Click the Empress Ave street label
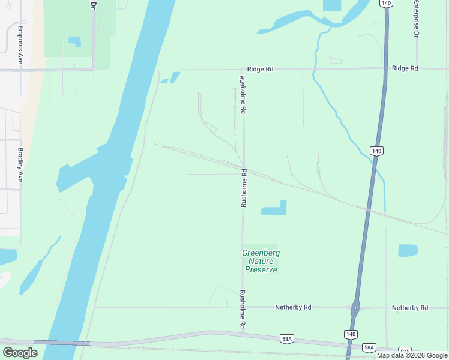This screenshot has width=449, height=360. tap(20, 45)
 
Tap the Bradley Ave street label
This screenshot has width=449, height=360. tap(20, 164)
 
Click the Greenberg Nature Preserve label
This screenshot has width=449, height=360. tap(261, 262)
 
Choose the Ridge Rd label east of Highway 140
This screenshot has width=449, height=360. tap(405, 68)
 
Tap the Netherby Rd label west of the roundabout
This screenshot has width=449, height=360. tap(293, 307)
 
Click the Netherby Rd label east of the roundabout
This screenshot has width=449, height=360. tap(410, 308)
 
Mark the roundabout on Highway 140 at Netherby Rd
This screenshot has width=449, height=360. tap(356, 308)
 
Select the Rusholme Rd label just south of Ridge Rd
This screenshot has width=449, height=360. tap(243, 95)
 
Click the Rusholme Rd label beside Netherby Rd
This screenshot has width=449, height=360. tap(243, 309)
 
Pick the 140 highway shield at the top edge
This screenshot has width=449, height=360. tap(386, 4)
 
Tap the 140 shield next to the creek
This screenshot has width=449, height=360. tap(376, 151)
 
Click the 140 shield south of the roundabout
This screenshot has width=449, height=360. tap(351, 334)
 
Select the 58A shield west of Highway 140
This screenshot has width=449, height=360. tap(287, 340)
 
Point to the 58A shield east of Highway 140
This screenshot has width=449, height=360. tap(369, 347)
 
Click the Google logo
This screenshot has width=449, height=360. tap(20, 352)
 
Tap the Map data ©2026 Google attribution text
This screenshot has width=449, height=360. tap(412, 355)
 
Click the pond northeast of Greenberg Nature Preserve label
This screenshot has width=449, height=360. tap(274, 208)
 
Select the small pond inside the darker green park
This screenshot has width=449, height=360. tap(74, 41)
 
